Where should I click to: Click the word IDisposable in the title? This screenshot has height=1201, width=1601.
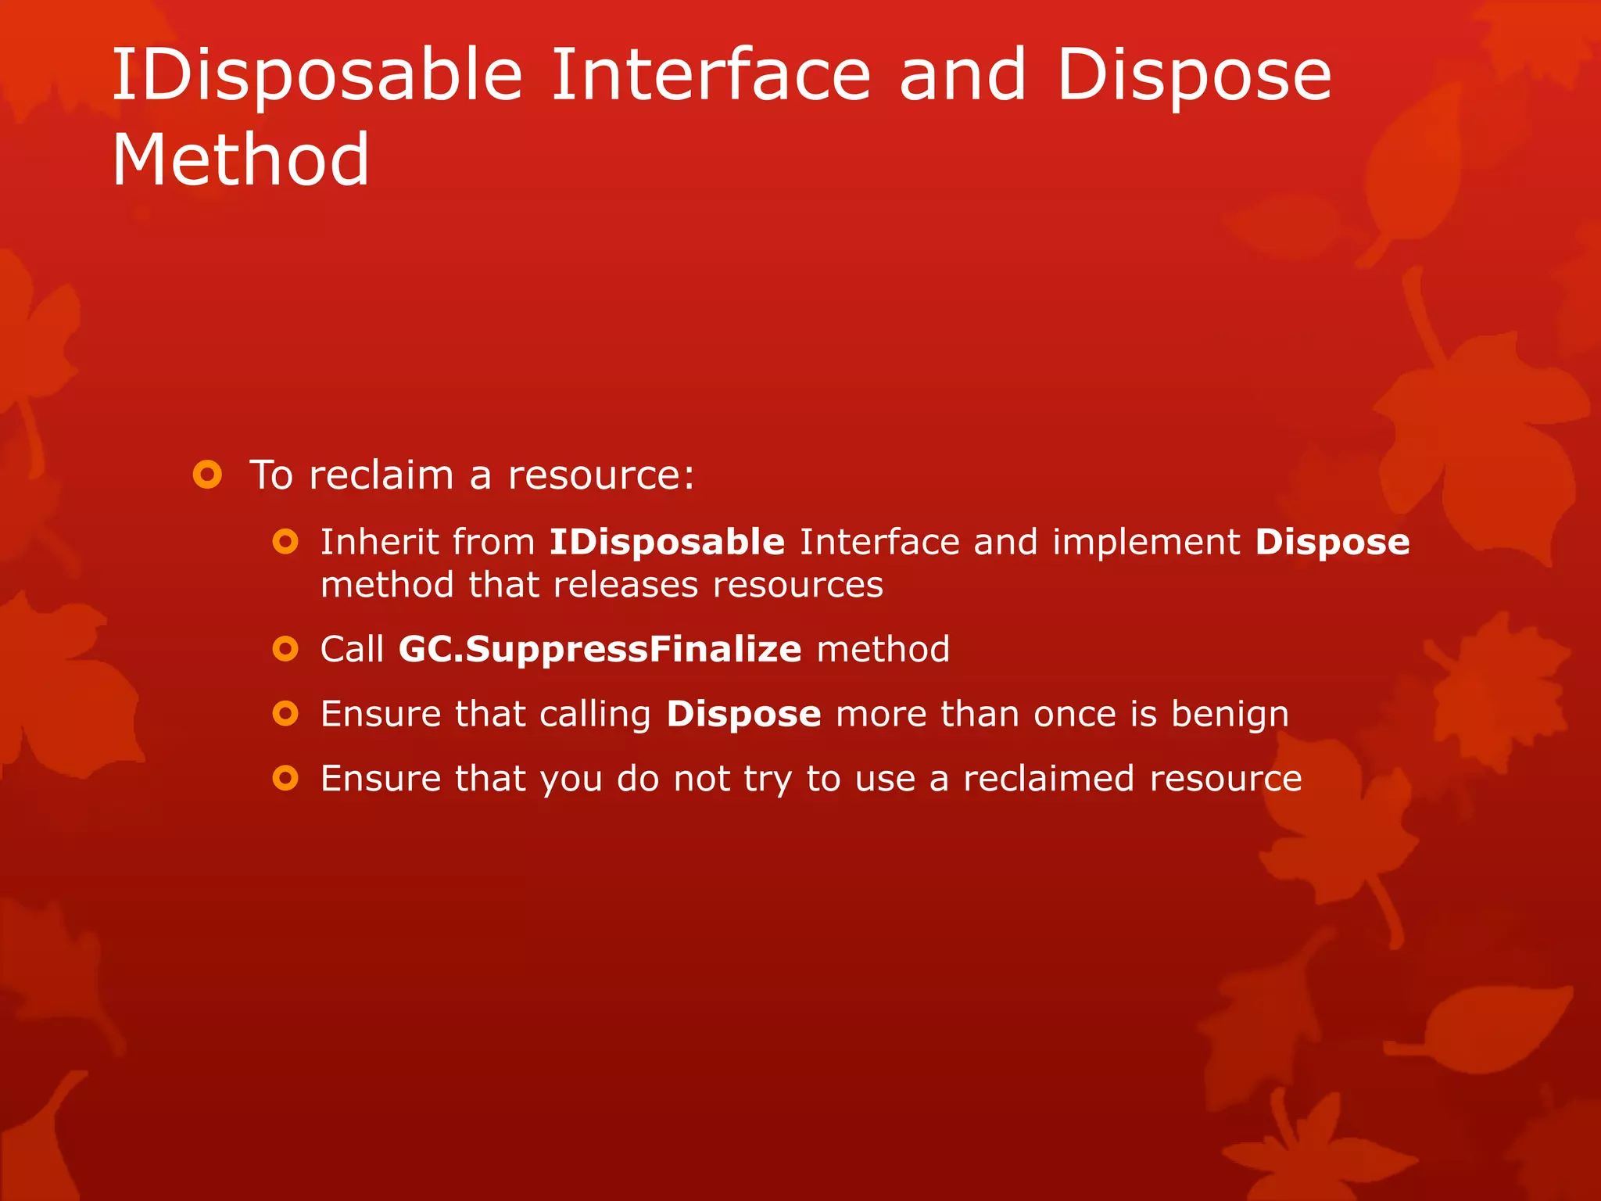(x=317, y=76)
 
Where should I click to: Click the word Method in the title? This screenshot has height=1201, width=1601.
(x=240, y=160)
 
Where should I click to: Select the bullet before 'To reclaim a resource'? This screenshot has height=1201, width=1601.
(x=207, y=475)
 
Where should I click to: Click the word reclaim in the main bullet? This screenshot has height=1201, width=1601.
(x=381, y=475)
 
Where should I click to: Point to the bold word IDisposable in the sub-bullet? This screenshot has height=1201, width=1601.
(x=666, y=542)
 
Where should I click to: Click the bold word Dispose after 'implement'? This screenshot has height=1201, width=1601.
(x=1332, y=543)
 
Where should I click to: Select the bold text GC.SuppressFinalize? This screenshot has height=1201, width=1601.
(x=600, y=650)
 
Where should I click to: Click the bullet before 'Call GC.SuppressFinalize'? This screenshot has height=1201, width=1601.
(x=285, y=649)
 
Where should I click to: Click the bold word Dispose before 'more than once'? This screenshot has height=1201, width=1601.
(x=743, y=715)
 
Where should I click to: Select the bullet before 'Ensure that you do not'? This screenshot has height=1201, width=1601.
(x=285, y=778)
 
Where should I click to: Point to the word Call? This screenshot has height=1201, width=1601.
(x=352, y=650)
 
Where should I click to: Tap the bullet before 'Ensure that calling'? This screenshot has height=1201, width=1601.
(x=285, y=713)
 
